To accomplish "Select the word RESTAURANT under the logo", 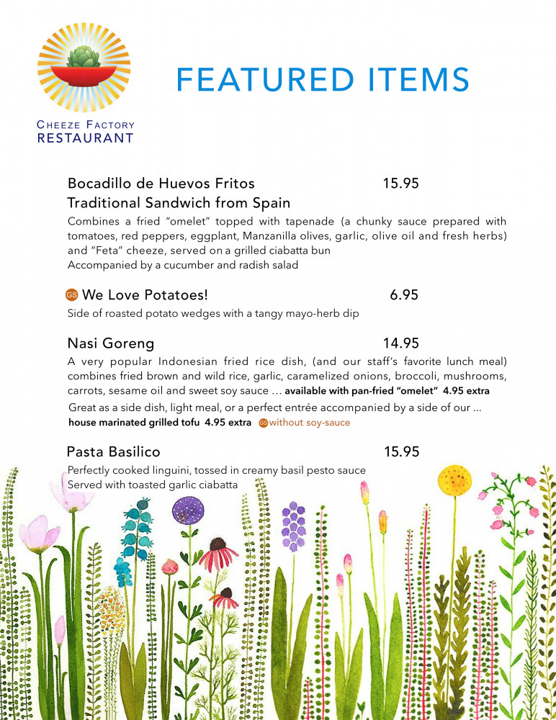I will (85, 138).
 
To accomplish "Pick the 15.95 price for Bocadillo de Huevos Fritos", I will (401, 184).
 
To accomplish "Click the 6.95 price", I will (404, 295).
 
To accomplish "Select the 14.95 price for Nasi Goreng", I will (401, 343).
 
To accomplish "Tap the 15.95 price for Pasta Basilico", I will (401, 452).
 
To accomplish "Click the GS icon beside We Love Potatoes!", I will (71, 295).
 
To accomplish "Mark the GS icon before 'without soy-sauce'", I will (263, 423).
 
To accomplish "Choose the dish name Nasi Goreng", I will (110, 343).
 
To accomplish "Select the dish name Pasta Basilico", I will (113, 452).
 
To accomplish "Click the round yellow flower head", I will (454, 479).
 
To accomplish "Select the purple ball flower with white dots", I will (188, 510).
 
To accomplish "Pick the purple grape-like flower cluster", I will (293, 526).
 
